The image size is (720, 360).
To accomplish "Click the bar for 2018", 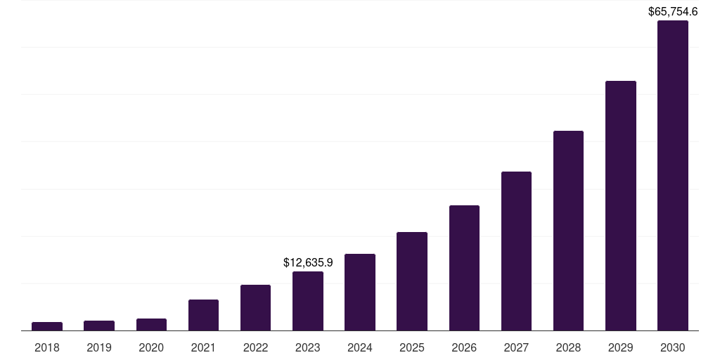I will click(x=47, y=326).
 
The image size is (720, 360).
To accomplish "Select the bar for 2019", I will click(x=99, y=326).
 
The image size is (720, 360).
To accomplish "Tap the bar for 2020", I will click(x=151, y=324).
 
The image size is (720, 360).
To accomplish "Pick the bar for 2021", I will click(x=203, y=315).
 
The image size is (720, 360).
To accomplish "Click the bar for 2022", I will click(x=255, y=307).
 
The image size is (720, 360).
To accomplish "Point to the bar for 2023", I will click(x=308, y=301).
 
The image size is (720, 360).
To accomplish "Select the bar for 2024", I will click(x=360, y=292).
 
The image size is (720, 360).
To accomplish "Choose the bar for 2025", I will click(x=412, y=281).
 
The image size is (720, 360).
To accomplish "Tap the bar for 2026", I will click(x=464, y=268).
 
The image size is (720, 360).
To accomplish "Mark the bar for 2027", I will click(x=516, y=251).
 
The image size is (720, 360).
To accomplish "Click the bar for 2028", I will click(x=568, y=231).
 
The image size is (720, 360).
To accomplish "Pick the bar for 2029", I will click(x=620, y=205).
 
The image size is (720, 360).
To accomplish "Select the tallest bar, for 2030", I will click(x=673, y=176).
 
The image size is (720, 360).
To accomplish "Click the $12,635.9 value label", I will click(x=308, y=262).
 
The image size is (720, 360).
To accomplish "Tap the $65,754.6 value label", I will click(x=673, y=11).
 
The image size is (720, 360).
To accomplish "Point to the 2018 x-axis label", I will click(x=47, y=347).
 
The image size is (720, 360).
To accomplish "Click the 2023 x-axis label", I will click(x=308, y=347).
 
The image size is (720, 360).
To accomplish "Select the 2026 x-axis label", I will click(x=464, y=347).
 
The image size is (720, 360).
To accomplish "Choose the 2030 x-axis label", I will click(x=673, y=347).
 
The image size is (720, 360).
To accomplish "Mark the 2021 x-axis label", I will click(x=203, y=347).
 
